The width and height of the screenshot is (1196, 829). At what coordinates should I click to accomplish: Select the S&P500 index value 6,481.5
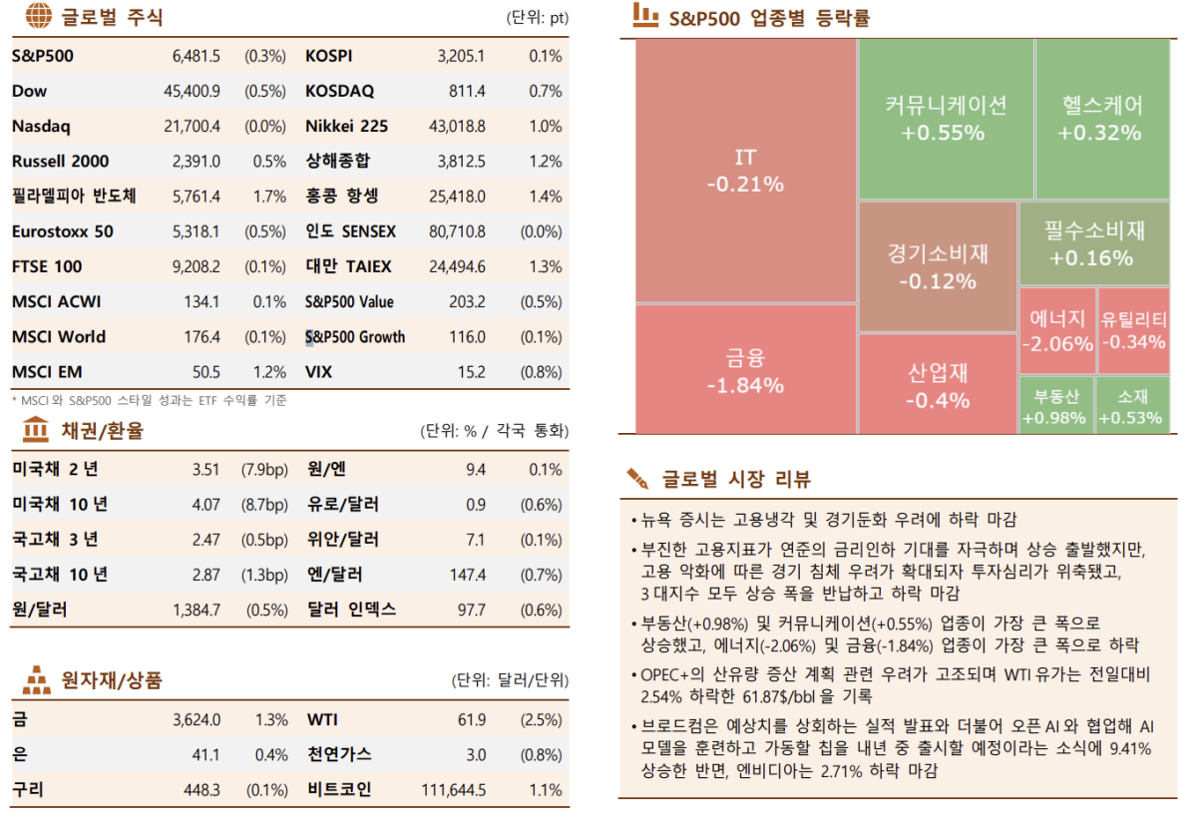coord(196,57)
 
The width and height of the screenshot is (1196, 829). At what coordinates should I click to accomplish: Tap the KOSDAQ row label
coord(339,92)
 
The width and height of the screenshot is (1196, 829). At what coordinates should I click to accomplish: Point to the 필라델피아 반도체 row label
coord(74,197)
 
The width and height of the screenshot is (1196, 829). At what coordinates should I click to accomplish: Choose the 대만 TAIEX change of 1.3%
coord(546,266)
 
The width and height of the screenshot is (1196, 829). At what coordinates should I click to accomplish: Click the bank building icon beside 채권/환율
coord(35,431)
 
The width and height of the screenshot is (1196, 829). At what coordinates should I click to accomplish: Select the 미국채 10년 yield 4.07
coord(205,505)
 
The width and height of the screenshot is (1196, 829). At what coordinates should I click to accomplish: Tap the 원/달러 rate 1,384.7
coord(196,610)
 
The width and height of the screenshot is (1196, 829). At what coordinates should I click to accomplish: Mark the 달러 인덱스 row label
coord(350,610)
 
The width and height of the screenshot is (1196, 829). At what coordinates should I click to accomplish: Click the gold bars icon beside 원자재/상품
coord(36,680)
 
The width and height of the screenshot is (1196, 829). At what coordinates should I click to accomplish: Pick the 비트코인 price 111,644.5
coord(453,790)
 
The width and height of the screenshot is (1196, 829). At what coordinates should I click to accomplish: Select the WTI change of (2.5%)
coord(543,720)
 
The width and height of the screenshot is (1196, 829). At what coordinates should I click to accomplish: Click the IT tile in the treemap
coord(745,171)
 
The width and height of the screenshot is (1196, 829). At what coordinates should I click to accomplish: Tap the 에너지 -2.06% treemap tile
coord(1055,331)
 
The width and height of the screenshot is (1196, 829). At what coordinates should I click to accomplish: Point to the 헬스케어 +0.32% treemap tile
coord(1100,119)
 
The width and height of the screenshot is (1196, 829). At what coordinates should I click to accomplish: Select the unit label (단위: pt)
coord(537,18)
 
